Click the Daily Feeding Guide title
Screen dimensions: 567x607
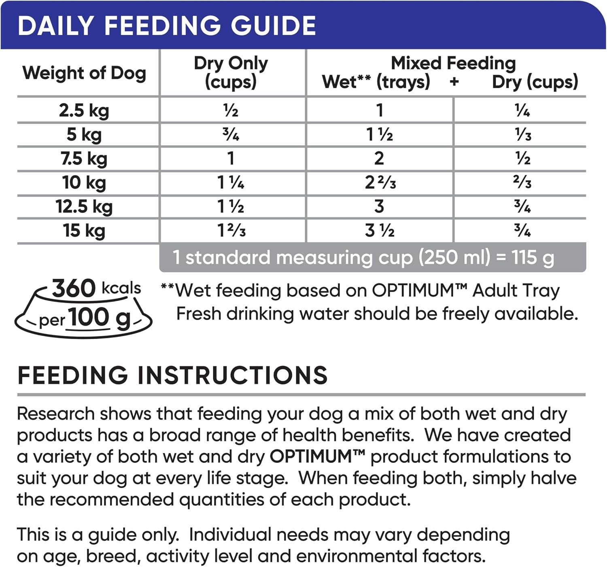(x=167, y=25)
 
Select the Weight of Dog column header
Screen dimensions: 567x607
(x=84, y=73)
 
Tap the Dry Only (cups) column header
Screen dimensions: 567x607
(x=231, y=72)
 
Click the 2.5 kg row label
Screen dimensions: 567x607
(x=84, y=110)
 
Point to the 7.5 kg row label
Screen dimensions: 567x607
(x=84, y=158)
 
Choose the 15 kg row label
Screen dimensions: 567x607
(x=84, y=231)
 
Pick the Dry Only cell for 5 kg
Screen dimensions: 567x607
(x=231, y=134)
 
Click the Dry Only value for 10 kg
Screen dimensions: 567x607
(x=231, y=183)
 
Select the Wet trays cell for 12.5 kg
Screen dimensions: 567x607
(x=379, y=206)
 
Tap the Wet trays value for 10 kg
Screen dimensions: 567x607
(x=380, y=183)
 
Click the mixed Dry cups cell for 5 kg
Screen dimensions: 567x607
(x=523, y=134)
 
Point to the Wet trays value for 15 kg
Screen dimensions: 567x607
(x=380, y=231)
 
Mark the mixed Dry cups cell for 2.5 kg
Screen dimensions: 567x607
(x=522, y=110)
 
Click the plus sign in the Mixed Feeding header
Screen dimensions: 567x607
(x=454, y=82)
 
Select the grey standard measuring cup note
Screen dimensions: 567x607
(x=363, y=257)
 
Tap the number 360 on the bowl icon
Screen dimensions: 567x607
(x=74, y=288)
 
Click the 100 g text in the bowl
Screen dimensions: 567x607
(x=100, y=318)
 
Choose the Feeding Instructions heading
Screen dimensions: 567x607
(x=172, y=375)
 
